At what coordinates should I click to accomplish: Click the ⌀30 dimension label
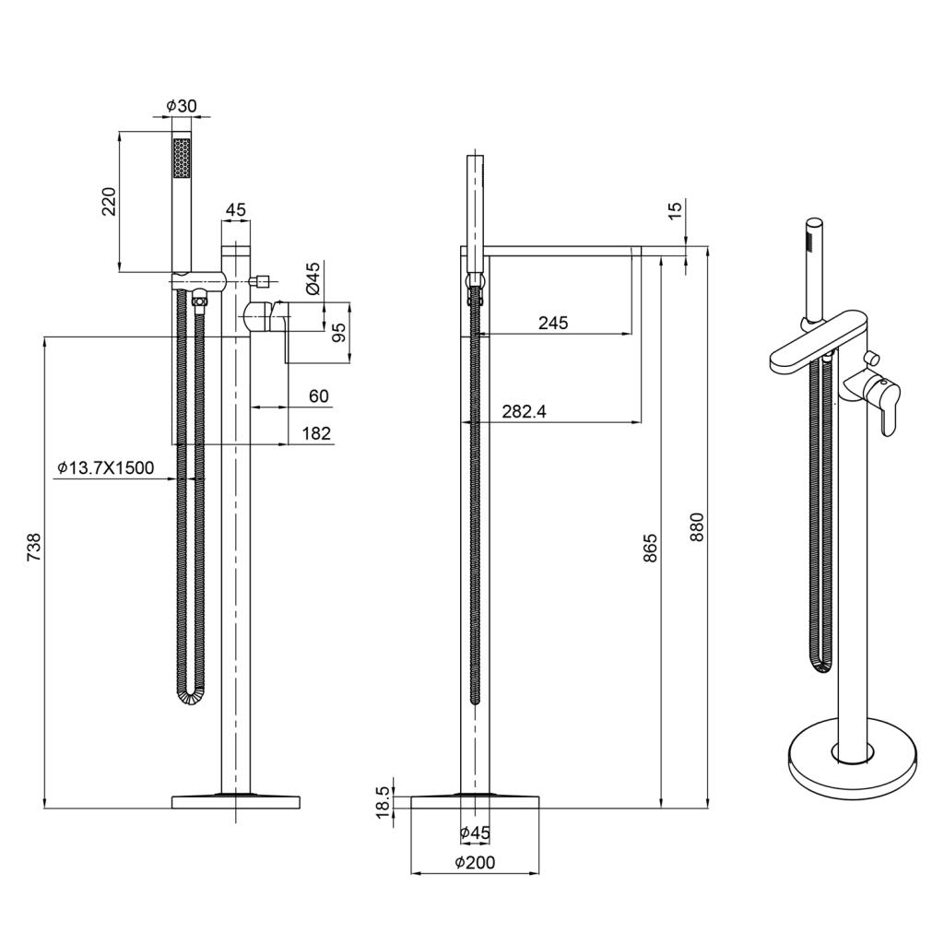tap(182, 106)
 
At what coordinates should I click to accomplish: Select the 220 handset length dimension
tap(109, 202)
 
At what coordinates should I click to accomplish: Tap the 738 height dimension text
tap(34, 548)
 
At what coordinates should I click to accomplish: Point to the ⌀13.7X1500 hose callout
tap(106, 467)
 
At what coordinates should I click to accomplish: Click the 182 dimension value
tap(317, 433)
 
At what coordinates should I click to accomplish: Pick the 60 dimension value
tap(319, 396)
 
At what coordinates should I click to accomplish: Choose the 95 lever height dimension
tap(339, 333)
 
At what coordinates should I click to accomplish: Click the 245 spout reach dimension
tap(553, 324)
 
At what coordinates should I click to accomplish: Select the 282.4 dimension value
tap(525, 412)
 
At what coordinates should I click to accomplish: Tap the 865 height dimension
tap(650, 548)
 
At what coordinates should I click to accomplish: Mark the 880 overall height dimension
tap(697, 527)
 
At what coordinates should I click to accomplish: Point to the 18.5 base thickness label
tap(383, 802)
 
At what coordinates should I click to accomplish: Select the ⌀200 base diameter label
tap(475, 863)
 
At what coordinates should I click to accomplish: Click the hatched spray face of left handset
tap(182, 159)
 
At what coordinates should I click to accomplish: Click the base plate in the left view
tap(236, 802)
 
